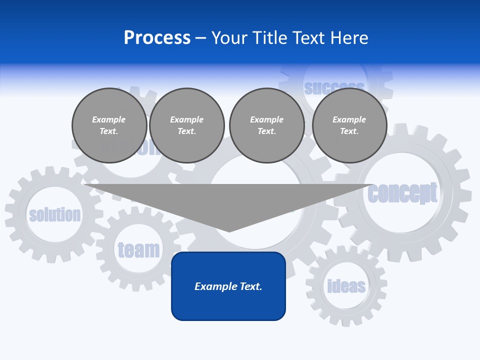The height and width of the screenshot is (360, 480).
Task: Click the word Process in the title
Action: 157,38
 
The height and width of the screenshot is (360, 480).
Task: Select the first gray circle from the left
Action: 109,125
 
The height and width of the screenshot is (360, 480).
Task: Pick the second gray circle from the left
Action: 187,125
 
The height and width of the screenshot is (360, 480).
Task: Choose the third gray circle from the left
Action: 267,125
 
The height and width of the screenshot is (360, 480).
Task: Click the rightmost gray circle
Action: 349,125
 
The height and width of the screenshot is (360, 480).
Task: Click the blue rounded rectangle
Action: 228,286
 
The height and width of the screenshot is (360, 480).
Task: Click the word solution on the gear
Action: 55,215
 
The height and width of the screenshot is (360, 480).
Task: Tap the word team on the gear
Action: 138,249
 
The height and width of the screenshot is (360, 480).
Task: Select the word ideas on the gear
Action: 346,286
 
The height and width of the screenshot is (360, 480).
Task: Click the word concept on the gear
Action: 402,193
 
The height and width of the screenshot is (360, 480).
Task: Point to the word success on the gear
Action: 334,88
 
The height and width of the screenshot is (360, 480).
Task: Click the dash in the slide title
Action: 201,38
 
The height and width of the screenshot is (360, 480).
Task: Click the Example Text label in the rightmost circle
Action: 349,125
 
